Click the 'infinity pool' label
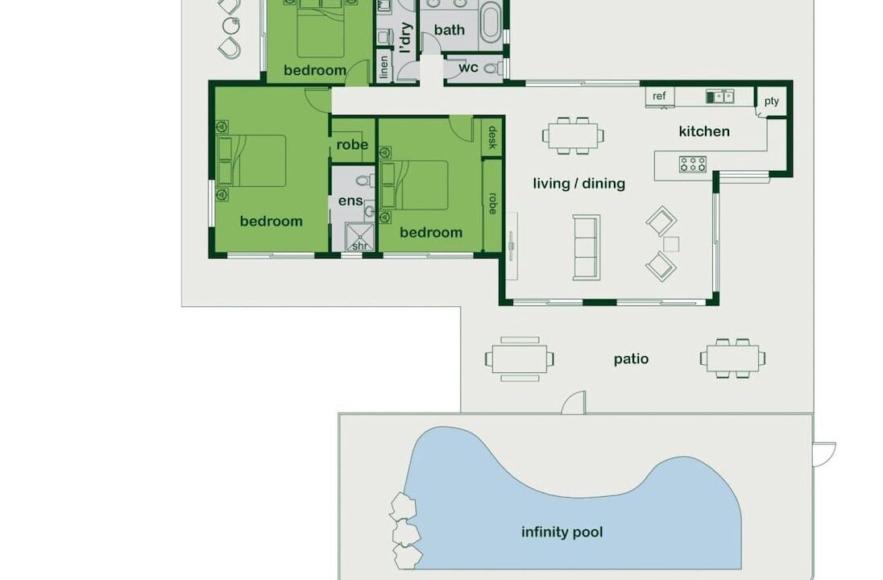click(x=562, y=532)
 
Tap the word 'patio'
click(x=632, y=359)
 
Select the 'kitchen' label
click(x=704, y=131)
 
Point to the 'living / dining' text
click(x=579, y=184)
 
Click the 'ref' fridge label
click(x=659, y=97)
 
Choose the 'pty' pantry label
click(x=772, y=101)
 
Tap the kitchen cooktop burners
click(x=693, y=164)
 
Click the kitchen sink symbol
click(x=719, y=97)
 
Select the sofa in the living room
click(x=587, y=247)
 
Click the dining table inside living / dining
click(x=573, y=135)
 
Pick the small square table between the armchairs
click(x=670, y=244)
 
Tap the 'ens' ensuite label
click(x=350, y=201)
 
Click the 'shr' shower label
click(x=360, y=246)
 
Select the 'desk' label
click(x=492, y=138)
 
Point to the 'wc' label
click(x=468, y=68)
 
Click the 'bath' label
click(x=450, y=30)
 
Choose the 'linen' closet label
click(x=384, y=66)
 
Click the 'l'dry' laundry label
click(x=405, y=39)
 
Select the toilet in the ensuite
click(x=364, y=180)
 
